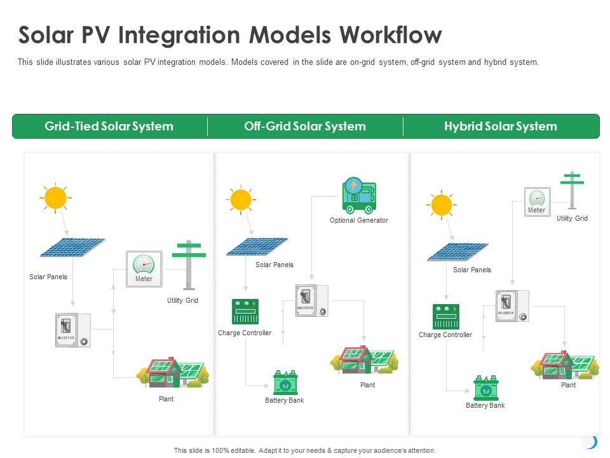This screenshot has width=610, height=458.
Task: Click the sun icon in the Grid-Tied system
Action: [55, 198]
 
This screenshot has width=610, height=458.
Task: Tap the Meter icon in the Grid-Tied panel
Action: [144, 268]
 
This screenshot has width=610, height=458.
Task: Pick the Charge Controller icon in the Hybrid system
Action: [445, 317]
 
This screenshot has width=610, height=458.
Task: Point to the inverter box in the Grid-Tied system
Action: [73, 330]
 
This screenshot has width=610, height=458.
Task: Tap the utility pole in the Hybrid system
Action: [573, 190]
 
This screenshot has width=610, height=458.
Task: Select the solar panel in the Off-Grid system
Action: [257, 247]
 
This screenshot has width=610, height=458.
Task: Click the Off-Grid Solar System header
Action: [305, 126]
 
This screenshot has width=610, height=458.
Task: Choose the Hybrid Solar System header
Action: [501, 126]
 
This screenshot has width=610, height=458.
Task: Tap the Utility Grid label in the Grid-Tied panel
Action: [183, 300]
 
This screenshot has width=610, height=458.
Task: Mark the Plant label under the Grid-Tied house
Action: [166, 399]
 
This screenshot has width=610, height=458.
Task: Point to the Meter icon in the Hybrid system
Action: [537, 201]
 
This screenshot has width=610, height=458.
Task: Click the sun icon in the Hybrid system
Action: [441, 205]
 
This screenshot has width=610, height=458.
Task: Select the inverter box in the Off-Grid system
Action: [312, 301]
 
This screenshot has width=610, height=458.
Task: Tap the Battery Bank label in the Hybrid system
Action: [485, 405]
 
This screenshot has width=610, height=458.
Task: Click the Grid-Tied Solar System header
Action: [109, 126]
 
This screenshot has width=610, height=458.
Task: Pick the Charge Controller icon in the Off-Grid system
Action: [245, 312]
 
